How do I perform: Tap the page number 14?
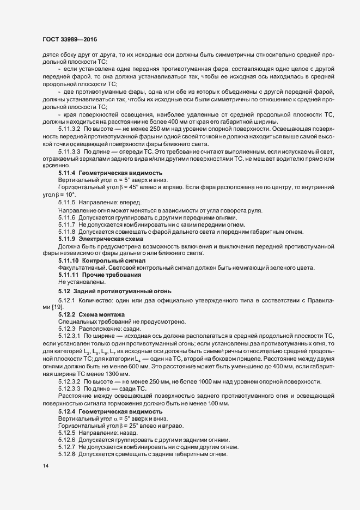[45, 467]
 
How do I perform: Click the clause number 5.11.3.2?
[70, 129]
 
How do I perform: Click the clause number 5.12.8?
[66, 454]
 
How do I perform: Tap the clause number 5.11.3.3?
[70, 151]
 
